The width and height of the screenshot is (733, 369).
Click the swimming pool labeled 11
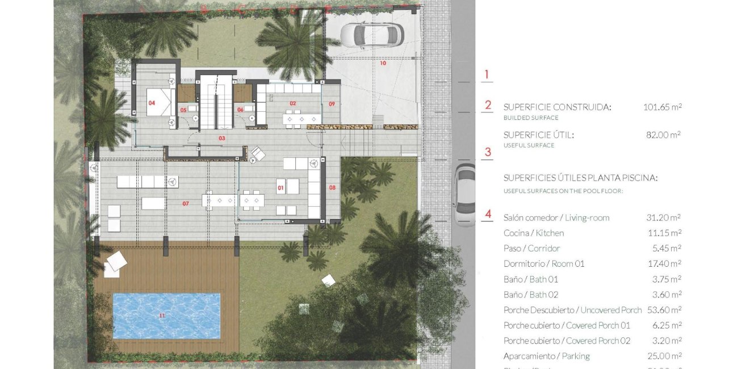coord(166,316)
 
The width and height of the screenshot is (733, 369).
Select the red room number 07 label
coord(185,203)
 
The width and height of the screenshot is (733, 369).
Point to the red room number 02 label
coord(293,103)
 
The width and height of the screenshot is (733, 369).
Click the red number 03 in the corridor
coord(222,138)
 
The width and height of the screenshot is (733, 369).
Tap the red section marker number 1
coord(486,74)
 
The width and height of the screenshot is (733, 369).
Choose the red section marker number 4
coord(488,215)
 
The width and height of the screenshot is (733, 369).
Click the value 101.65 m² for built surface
coord(662,107)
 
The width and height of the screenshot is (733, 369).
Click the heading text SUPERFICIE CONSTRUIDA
coord(557,107)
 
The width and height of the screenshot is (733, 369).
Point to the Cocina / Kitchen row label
coord(533,233)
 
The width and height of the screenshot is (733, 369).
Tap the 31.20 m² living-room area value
coord(664,217)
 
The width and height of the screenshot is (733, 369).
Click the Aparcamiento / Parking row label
coord(546,356)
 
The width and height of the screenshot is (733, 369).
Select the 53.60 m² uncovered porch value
coord(664,310)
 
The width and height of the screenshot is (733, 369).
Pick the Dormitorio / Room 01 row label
coord(543,263)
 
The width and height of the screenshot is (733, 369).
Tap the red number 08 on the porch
coord(332,187)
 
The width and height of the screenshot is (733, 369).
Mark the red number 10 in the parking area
coord(383,63)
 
